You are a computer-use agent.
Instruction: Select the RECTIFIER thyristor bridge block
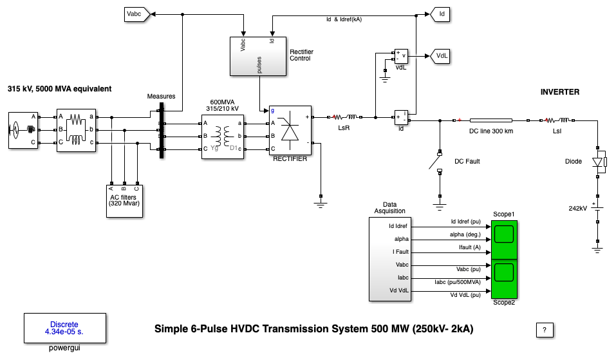point(290,131)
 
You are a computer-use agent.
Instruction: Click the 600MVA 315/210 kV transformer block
point(223,135)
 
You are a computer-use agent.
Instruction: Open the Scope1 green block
point(504,238)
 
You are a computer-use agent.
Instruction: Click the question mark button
point(545,330)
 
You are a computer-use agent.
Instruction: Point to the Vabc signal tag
point(136,12)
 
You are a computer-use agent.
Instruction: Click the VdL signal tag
point(442,56)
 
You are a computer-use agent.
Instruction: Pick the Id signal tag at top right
point(441,13)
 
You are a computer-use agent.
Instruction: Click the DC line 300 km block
point(490,120)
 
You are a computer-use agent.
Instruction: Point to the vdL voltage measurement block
point(402,57)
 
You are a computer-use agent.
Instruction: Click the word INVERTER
point(559,92)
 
